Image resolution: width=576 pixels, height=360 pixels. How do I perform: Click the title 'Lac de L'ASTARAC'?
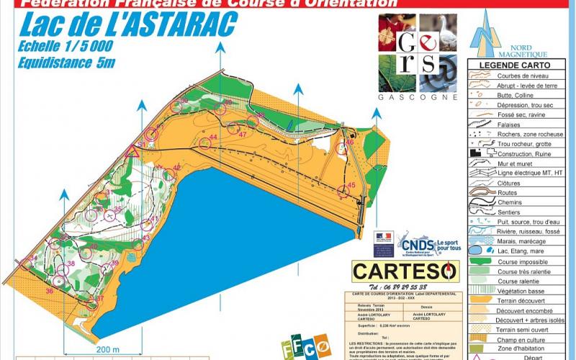(128, 26)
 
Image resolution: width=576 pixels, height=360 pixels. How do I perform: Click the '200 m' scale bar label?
(106, 350)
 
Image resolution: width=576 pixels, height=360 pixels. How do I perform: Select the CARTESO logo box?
(405, 271)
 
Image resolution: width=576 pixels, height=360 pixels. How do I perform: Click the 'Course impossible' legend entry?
(523, 261)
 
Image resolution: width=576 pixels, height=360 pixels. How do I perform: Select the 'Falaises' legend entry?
(510, 123)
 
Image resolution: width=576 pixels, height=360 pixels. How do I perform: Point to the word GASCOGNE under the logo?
(418, 97)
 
